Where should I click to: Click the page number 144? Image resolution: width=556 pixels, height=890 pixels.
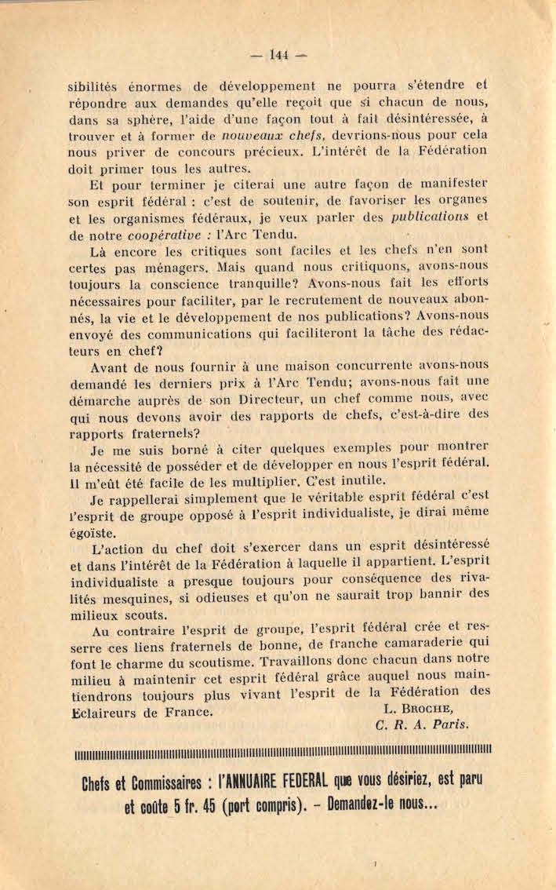(278, 54)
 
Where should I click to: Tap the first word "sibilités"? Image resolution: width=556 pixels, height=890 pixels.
(96, 86)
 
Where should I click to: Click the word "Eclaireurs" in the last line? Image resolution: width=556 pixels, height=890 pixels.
(105, 713)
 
